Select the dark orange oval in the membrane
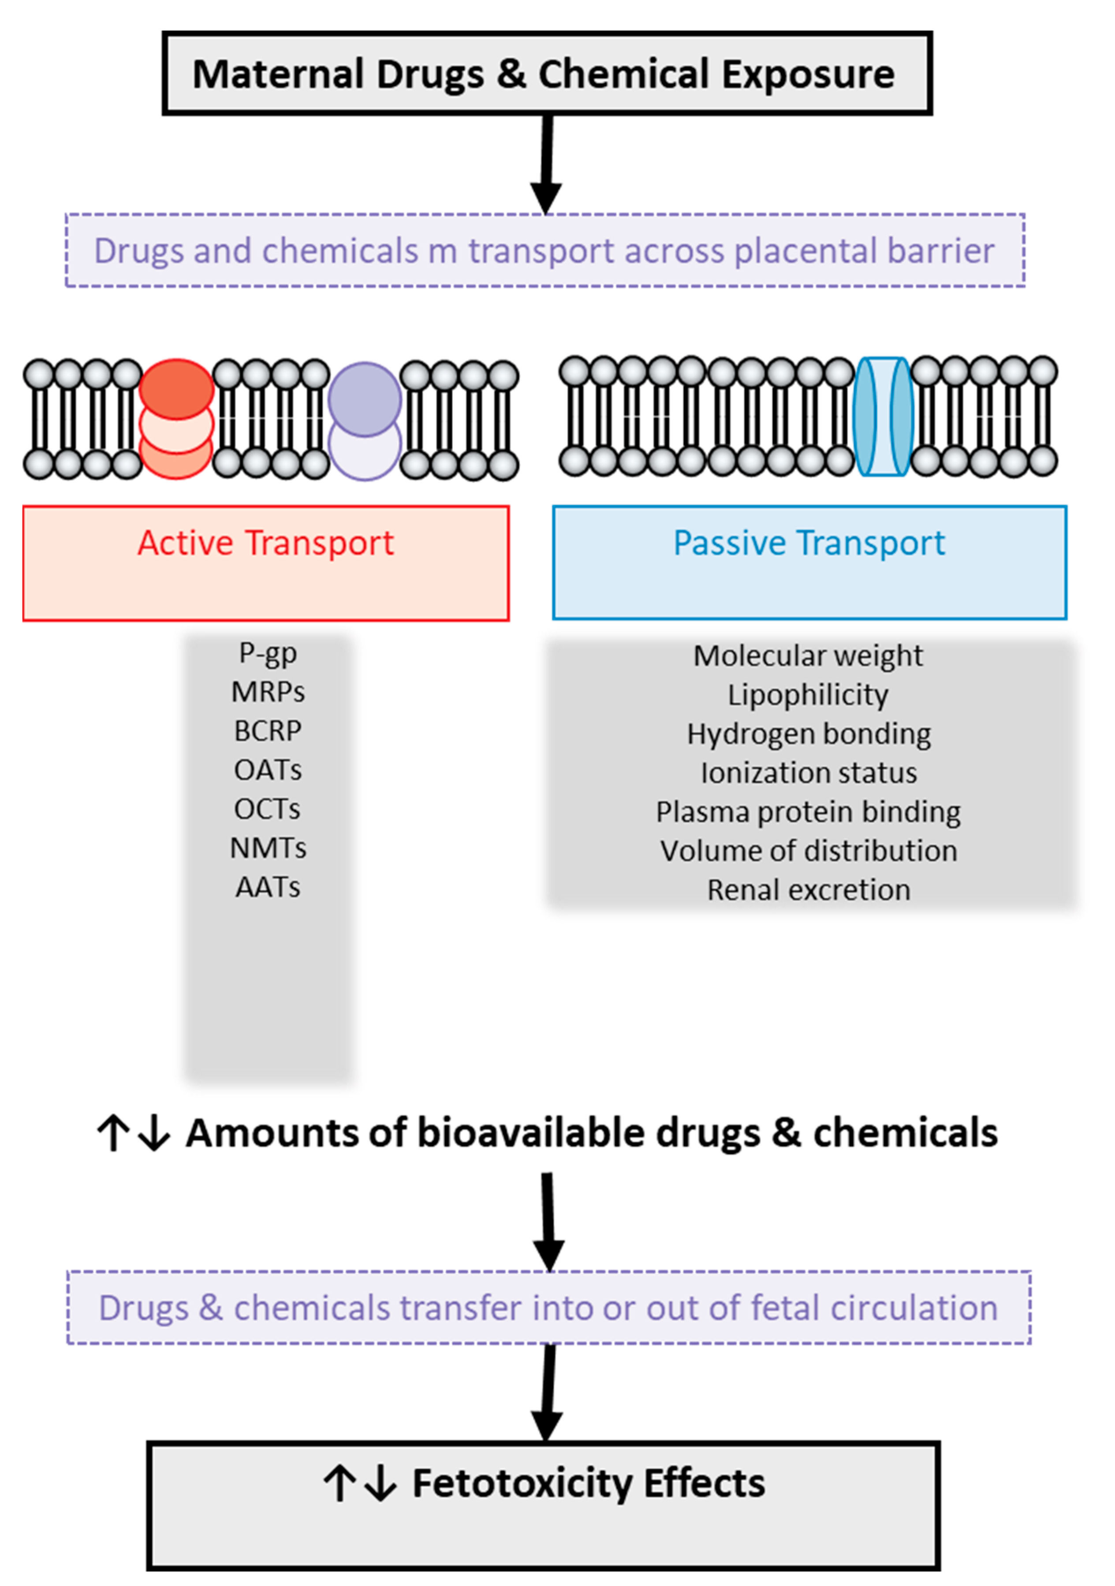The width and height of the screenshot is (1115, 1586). [x=176, y=389]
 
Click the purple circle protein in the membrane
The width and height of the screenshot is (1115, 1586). [x=365, y=399]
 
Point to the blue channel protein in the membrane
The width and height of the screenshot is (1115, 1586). [x=883, y=417]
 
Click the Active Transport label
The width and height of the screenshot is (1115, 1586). [x=266, y=543]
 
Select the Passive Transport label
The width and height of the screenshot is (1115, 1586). [x=809, y=543]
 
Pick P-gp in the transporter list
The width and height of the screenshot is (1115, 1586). [x=268, y=653]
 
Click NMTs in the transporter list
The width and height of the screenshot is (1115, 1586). [x=268, y=848]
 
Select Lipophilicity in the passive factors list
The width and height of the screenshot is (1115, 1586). [x=808, y=695]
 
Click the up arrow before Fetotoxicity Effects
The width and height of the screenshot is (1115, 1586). [x=339, y=1483]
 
